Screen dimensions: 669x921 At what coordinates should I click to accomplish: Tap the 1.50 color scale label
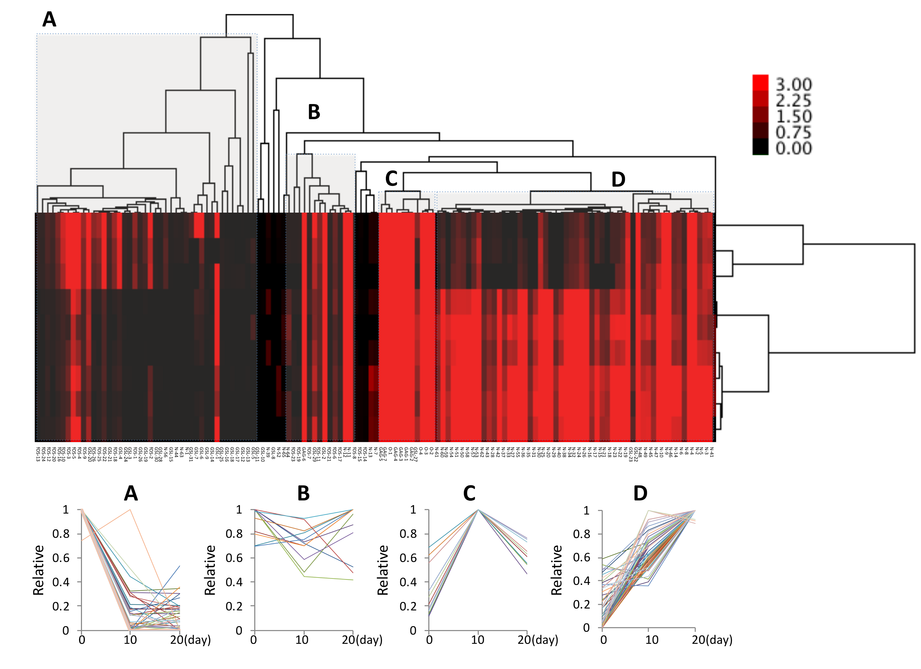pos(793,116)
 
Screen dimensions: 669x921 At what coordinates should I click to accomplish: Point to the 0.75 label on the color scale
pos(793,132)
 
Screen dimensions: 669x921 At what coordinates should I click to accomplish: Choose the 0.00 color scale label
pos(793,148)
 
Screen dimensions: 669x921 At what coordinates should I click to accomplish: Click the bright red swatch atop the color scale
pos(760,82)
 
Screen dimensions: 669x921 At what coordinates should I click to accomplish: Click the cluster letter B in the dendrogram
pos(314,112)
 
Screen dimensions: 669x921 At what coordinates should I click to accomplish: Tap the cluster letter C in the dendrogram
pos(391,179)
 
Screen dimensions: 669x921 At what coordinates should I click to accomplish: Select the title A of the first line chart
pos(131,493)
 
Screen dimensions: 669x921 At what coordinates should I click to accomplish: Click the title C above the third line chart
pos(469,493)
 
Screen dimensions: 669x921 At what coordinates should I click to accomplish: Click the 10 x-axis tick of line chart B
pos(302,640)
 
